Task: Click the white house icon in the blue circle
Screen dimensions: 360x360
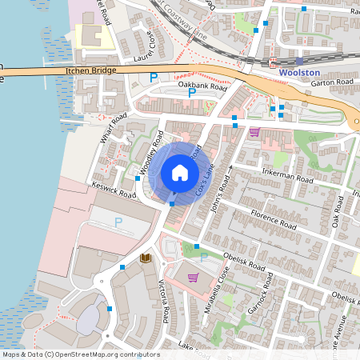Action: tap(180, 173)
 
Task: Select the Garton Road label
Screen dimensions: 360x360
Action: tap(333, 82)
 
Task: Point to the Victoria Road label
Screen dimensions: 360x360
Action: tap(164, 302)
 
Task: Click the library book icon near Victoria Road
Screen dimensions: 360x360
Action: tap(146, 258)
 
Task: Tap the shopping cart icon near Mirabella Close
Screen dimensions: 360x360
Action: tap(193, 278)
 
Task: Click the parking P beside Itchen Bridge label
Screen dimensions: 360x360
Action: tap(154, 78)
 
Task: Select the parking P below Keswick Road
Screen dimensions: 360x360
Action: tap(118, 222)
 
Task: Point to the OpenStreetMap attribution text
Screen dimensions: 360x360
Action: tap(81, 354)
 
